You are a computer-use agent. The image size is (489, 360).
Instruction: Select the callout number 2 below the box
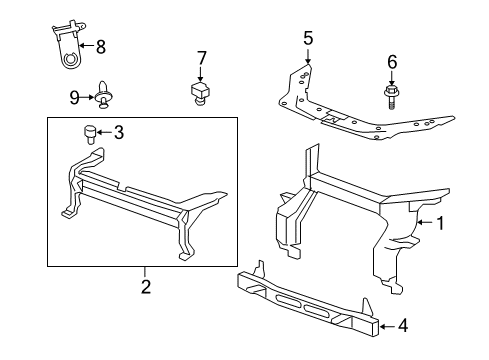(145, 287)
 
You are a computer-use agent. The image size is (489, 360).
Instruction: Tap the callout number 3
(118, 131)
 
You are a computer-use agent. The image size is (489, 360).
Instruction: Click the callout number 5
(308, 39)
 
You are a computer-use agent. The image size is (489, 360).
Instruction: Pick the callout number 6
(392, 62)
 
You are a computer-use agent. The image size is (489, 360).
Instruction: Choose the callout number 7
(201, 58)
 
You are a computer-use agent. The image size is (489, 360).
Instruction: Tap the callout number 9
(75, 97)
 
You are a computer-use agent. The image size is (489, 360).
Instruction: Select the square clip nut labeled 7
(200, 93)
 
